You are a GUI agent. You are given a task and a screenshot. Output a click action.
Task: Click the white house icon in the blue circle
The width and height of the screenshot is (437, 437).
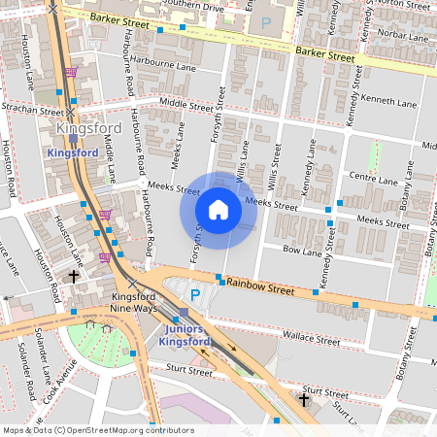pyautogui.click(x=218, y=210)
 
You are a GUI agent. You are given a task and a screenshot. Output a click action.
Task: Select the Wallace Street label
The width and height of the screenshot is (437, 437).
pyautogui.click(x=311, y=336)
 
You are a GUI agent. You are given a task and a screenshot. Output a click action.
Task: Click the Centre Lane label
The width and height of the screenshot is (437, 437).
pyautogui.click(x=373, y=180)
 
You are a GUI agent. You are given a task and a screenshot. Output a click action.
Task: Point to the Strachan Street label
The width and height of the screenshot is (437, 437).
pyautogui.click(x=31, y=110)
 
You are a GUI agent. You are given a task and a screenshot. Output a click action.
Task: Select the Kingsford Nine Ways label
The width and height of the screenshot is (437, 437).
pyautogui.click(x=134, y=301)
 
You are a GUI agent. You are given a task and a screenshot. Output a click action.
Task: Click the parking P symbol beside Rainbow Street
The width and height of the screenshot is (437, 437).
pyautogui.click(x=195, y=294)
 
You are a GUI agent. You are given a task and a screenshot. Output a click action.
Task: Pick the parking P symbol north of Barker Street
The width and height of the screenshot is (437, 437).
pyautogui.click(x=265, y=20)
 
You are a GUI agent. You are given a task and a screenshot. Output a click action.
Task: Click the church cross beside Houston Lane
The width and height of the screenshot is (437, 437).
pyautogui.click(x=74, y=277)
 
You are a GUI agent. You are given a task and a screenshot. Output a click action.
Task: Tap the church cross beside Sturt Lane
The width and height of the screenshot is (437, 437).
pyautogui.click(x=304, y=399)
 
